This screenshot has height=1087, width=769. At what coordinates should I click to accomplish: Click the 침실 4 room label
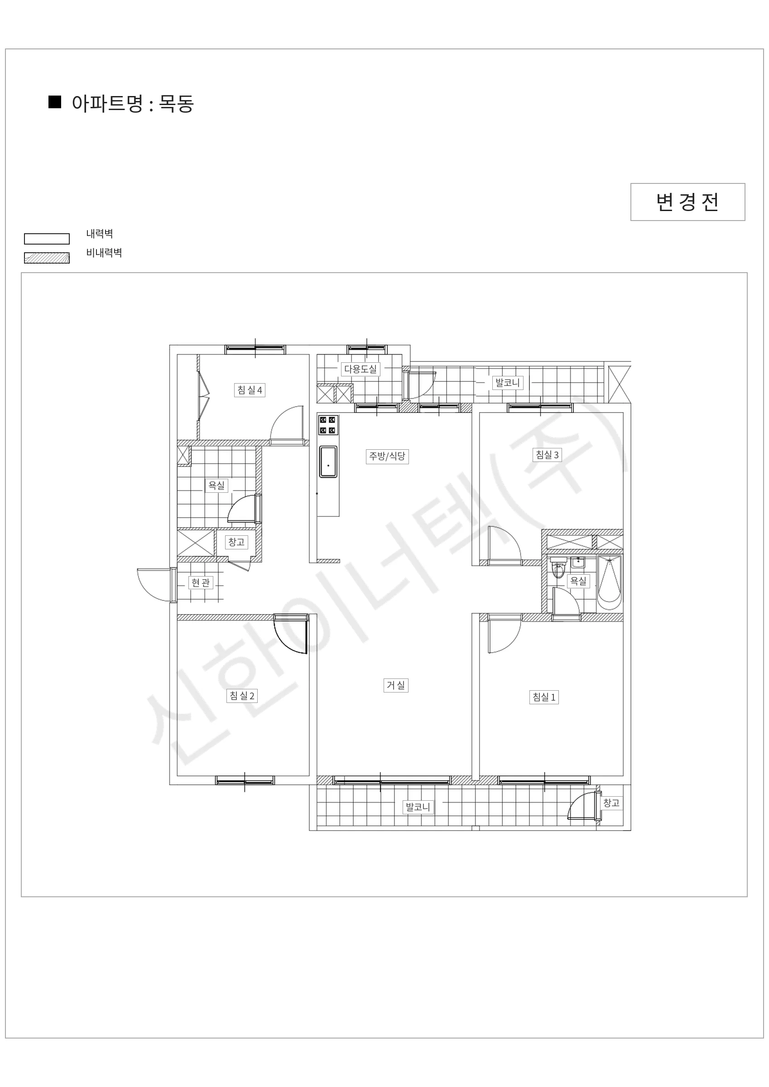click(250, 390)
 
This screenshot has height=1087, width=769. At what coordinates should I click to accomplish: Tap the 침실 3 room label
click(547, 455)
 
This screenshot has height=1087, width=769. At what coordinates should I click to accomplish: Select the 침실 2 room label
click(242, 696)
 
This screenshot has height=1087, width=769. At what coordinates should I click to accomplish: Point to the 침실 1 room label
click(544, 697)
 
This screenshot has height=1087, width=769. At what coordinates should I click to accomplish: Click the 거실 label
click(396, 685)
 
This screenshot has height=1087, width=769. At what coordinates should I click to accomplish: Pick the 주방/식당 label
click(387, 457)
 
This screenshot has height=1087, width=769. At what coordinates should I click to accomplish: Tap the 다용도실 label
click(360, 369)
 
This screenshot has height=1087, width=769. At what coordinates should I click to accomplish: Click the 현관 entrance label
click(200, 582)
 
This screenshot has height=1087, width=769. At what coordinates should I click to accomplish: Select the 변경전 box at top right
click(687, 202)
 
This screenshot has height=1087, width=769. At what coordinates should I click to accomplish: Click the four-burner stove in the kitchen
click(328, 425)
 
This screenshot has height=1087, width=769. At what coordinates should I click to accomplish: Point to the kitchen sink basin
click(328, 462)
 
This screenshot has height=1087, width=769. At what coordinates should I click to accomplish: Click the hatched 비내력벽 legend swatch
click(47, 258)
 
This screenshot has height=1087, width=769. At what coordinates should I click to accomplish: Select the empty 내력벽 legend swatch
click(47, 239)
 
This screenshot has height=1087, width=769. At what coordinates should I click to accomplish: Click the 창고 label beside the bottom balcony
click(611, 803)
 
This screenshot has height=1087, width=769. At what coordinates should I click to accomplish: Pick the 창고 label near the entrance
click(236, 542)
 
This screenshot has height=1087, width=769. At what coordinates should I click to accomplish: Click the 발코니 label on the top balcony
click(508, 383)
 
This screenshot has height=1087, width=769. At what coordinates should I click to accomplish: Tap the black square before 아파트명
click(55, 102)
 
